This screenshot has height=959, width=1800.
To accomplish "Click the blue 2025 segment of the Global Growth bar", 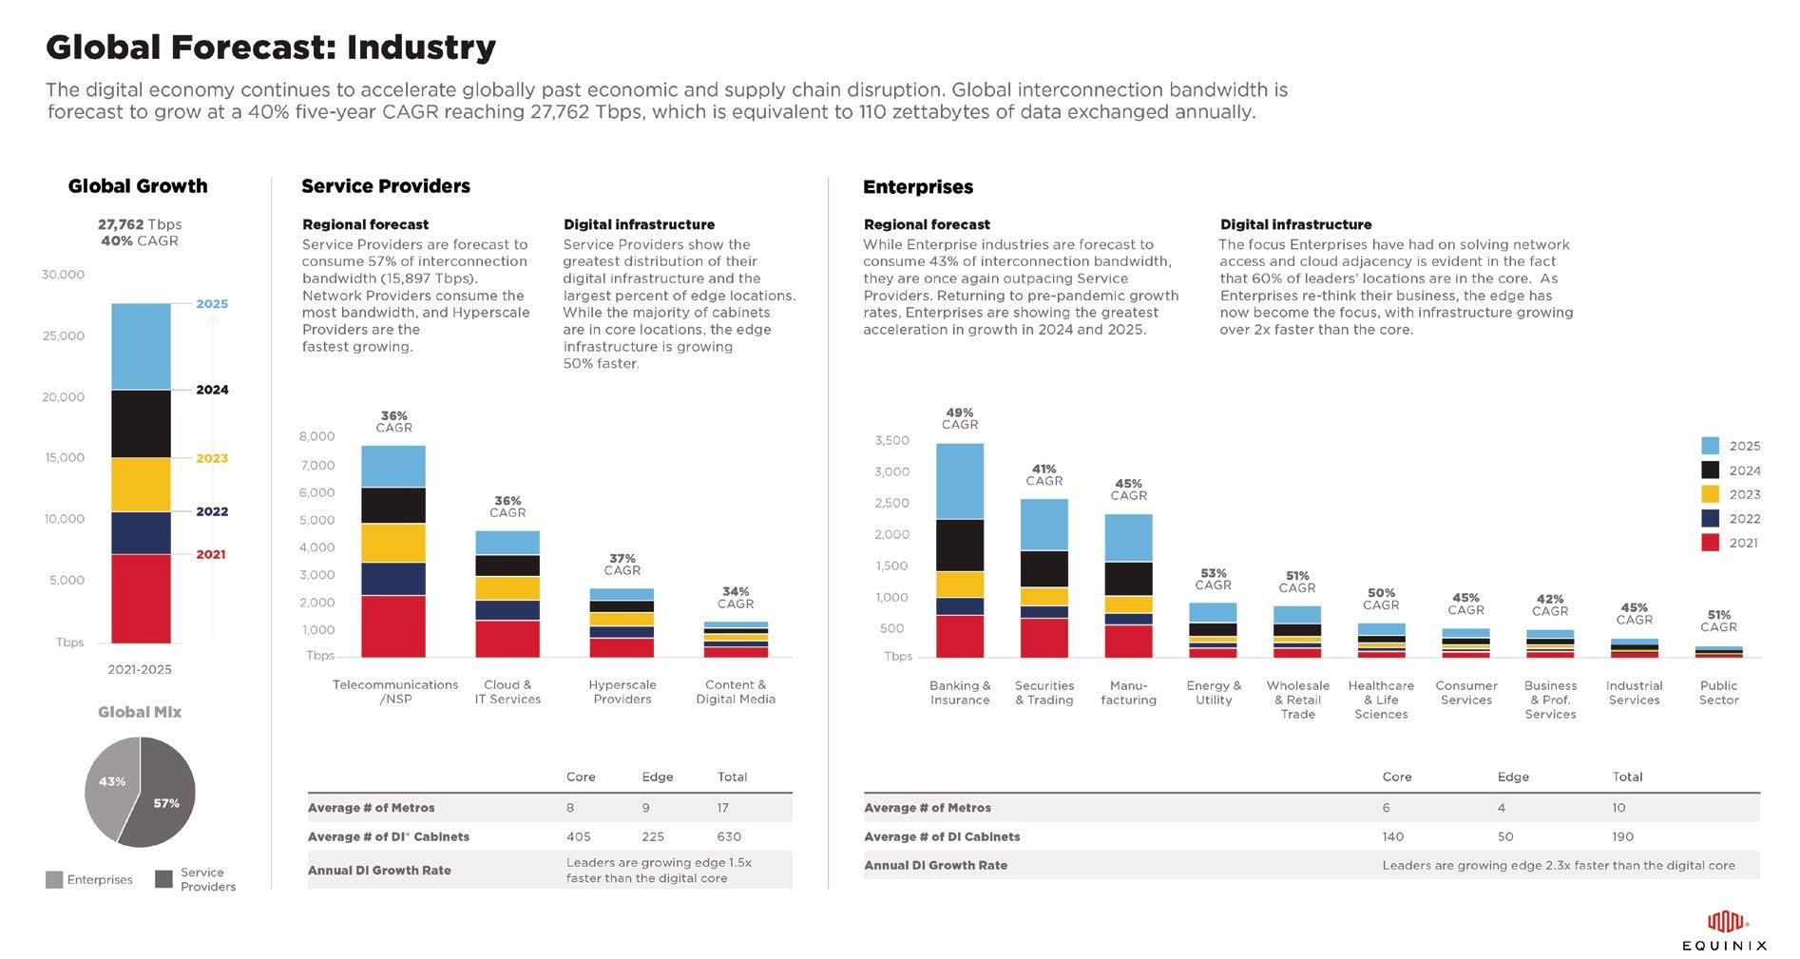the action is pyautogui.click(x=141, y=346).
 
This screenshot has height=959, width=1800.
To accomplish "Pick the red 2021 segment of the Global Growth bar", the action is pyautogui.click(x=141, y=599).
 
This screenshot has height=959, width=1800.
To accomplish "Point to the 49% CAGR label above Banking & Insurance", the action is pyautogui.click(x=960, y=418).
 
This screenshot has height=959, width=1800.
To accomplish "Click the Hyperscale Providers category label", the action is pyautogui.click(x=622, y=692).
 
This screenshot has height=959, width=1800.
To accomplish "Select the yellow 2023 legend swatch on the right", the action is pyautogui.click(x=1710, y=494).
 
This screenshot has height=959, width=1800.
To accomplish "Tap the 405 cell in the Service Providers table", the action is pyautogui.click(x=578, y=836).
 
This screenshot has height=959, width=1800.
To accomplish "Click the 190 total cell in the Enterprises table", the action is pyautogui.click(x=1622, y=836).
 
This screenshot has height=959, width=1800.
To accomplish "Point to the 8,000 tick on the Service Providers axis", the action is pyautogui.click(x=316, y=436).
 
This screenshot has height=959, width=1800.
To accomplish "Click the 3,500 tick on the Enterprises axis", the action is pyautogui.click(x=891, y=440).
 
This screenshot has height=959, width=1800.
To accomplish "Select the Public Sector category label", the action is pyautogui.click(x=1718, y=693).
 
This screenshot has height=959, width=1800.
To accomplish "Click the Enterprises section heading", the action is pyautogui.click(x=918, y=187).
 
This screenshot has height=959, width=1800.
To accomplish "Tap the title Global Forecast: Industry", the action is pyautogui.click(x=271, y=47).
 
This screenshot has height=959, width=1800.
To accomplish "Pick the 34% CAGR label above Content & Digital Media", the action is pyautogui.click(x=736, y=597).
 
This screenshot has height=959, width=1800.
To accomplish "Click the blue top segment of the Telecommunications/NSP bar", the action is pyautogui.click(x=393, y=467).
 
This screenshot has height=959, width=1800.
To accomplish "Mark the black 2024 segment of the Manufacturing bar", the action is pyautogui.click(x=1128, y=579).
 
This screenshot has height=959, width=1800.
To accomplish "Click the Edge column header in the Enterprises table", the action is pyautogui.click(x=1513, y=777).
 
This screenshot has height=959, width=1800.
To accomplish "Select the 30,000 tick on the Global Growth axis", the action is pyautogui.click(x=63, y=275).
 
